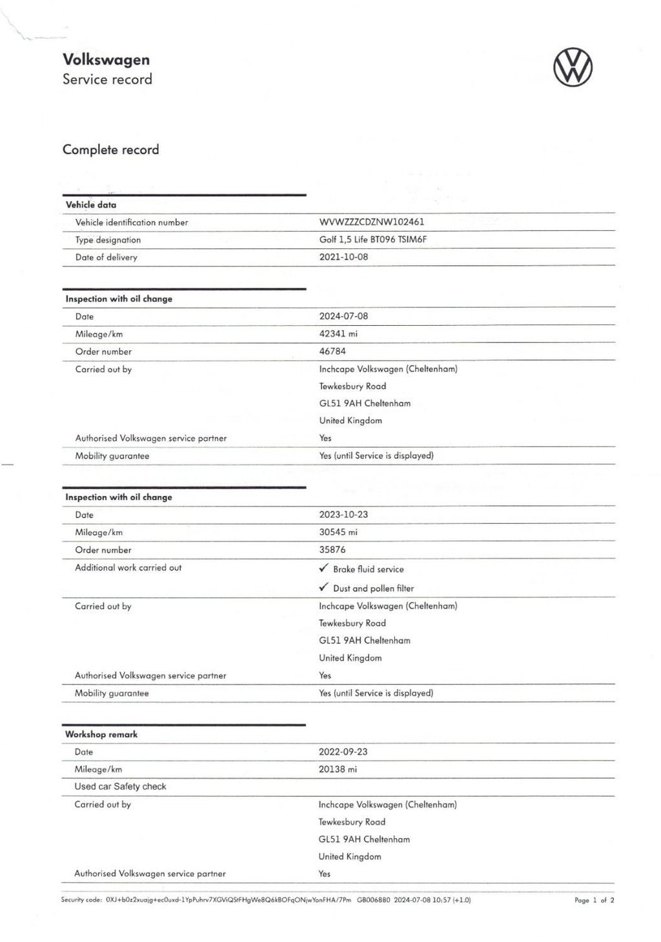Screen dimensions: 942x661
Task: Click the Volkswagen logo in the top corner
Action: (x=573, y=68)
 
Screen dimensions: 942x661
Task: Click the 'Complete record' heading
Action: (x=110, y=150)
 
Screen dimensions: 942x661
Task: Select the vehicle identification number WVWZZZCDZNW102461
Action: (x=372, y=222)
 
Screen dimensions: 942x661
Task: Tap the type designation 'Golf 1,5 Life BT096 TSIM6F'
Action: (x=373, y=239)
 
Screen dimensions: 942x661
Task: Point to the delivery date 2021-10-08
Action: (x=344, y=257)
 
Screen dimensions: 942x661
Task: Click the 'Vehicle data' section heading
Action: (x=91, y=205)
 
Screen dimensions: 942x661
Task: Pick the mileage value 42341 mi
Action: (x=338, y=334)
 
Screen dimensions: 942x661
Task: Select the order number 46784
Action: (x=332, y=351)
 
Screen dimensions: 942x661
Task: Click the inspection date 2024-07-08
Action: (x=344, y=316)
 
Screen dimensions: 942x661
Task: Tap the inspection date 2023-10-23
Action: (x=343, y=514)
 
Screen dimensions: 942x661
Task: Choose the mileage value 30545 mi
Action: (x=338, y=532)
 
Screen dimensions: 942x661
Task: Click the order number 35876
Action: (x=332, y=550)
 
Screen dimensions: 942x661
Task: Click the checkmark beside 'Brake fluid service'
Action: (x=324, y=568)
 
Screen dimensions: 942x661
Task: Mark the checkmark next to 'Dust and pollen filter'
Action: (x=324, y=587)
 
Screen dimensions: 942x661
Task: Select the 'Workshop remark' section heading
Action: (x=101, y=734)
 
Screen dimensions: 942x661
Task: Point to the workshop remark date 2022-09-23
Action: (x=343, y=752)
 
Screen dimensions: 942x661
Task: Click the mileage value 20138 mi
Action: (x=338, y=769)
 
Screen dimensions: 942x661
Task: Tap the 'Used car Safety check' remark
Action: (x=120, y=787)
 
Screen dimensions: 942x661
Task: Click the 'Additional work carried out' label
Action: (x=128, y=568)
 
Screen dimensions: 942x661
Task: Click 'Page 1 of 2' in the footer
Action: (x=594, y=900)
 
